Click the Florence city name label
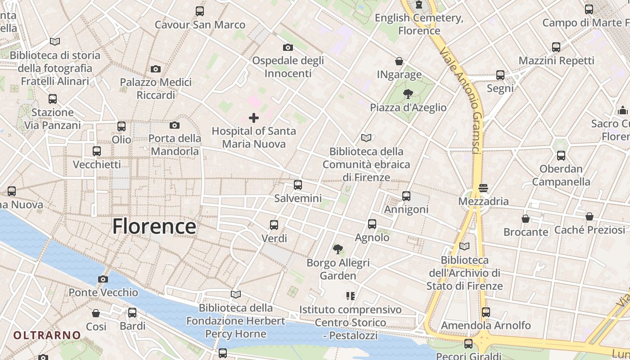pos(154,226)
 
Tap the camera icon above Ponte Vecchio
pos(103,279)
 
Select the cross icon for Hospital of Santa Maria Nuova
pos(254,118)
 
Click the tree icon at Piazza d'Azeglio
pos(408,94)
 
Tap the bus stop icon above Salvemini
pos(297,184)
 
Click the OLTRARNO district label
pos(47,335)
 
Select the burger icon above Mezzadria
pos(483,188)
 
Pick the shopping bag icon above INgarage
pos(399,61)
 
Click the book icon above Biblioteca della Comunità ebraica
pos(366,138)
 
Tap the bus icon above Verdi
pos(274,225)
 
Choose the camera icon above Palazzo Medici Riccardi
pos(156,69)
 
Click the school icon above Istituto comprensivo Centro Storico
pos(350,296)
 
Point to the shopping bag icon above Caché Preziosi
pos(589,216)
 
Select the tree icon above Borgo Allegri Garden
pos(337,249)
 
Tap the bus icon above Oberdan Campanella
pos(561,156)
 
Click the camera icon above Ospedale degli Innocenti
pos(288,47)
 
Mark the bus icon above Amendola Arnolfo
pos(486,312)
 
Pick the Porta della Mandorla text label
pos(175,144)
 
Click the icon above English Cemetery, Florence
pos(419,5)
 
